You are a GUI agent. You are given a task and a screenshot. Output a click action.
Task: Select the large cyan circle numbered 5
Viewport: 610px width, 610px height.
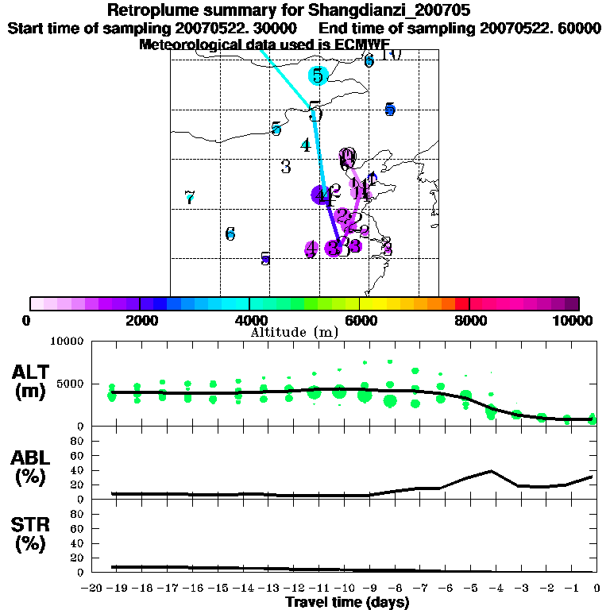point(318,75)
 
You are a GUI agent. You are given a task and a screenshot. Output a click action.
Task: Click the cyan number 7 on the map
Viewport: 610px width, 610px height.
point(189,197)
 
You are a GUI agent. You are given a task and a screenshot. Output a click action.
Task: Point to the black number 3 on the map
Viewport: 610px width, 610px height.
point(286,167)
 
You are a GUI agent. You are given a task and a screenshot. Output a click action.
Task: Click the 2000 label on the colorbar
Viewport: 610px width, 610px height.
point(140,320)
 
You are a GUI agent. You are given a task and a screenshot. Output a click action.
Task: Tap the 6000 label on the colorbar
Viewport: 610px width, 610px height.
point(360,320)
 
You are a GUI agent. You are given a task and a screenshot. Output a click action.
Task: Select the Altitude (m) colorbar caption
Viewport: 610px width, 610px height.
point(295,331)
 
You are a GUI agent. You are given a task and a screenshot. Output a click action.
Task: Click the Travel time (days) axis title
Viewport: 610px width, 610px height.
point(347,602)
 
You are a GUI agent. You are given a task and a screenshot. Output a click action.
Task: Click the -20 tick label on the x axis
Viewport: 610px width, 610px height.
point(92,589)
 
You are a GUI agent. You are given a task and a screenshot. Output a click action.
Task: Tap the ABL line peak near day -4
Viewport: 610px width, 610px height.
point(492,471)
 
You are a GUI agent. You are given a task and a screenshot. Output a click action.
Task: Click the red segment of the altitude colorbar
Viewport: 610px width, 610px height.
point(461,303)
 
